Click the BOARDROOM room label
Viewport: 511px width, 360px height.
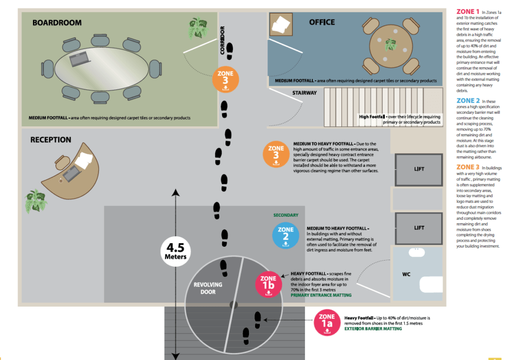pos(57,23)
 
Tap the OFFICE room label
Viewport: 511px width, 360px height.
pos(322,22)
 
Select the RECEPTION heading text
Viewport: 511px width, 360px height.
pos(50,140)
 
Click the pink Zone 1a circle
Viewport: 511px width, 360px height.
pos(327,323)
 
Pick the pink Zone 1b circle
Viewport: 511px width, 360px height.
pos(268,284)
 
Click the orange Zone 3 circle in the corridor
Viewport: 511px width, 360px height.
pos(226,79)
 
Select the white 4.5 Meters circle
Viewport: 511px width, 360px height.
pos(176,252)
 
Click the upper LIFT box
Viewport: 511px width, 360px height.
pos(419,170)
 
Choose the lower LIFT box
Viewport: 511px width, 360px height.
pos(419,229)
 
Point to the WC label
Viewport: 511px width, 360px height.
pos(406,274)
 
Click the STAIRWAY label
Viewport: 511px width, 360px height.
pos(304,93)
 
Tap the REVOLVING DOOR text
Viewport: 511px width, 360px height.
pos(208,288)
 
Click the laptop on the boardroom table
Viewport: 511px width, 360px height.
pos(79,59)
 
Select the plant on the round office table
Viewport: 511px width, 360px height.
pos(391,44)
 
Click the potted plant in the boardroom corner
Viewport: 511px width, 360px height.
pos(198,28)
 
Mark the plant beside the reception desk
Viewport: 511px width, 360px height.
pos(36,201)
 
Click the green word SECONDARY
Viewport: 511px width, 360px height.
pos(286,215)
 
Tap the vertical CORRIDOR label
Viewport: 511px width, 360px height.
pos(222,40)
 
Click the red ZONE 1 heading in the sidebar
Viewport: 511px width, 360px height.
pos(468,11)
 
